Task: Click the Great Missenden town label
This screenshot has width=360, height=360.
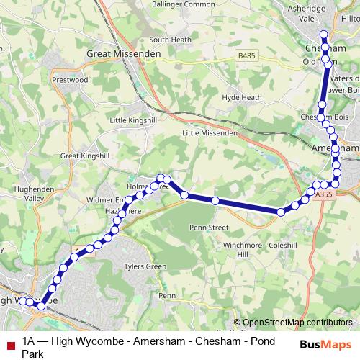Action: click(x=120, y=53)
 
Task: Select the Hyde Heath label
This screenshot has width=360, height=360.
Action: click(x=240, y=96)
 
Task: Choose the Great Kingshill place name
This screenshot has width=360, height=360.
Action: click(x=84, y=156)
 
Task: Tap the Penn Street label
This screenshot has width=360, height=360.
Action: click(x=208, y=228)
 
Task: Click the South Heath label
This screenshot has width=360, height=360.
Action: click(x=169, y=40)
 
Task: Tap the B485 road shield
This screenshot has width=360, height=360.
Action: click(x=246, y=55)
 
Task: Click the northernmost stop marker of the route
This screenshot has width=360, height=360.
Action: click(x=324, y=35)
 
